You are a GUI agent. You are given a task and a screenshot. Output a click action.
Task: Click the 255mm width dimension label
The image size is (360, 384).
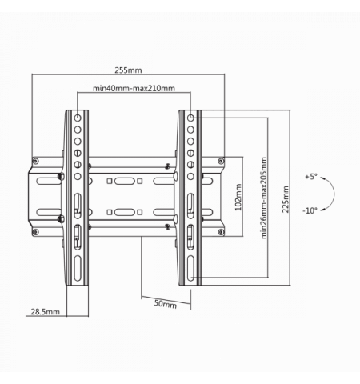click(x=128, y=70)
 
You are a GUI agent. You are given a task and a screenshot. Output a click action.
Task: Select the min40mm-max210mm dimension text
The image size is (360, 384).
click(x=134, y=88)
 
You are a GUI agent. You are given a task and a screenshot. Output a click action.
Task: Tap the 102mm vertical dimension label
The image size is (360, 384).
click(x=238, y=197)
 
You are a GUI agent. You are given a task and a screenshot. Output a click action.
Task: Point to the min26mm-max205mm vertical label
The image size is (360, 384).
click(x=264, y=198)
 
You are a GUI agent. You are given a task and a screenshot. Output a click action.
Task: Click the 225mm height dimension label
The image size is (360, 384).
click(x=286, y=199)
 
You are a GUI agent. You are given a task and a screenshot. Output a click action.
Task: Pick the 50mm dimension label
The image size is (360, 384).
click(x=166, y=304)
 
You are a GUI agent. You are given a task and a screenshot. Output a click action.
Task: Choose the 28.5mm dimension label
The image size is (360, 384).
click(x=45, y=312)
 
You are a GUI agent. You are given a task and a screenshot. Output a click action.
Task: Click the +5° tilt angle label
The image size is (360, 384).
click(x=311, y=177)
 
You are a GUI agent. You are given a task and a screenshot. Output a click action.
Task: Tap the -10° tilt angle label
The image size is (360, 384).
click(x=310, y=210)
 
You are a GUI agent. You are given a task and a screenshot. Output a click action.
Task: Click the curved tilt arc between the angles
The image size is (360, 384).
click(x=334, y=194)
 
